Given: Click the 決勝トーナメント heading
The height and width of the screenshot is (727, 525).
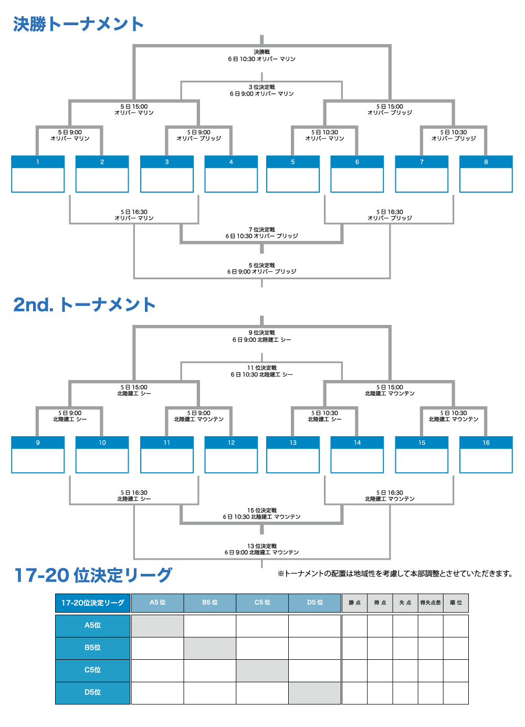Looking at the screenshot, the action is click(x=78, y=24).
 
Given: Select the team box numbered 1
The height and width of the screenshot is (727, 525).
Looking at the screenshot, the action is click(x=38, y=174).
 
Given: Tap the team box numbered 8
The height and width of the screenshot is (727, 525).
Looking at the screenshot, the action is click(x=486, y=174).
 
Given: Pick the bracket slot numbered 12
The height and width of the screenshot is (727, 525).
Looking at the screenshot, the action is click(x=231, y=455).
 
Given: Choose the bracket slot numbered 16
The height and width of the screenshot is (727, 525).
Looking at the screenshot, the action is click(x=486, y=455).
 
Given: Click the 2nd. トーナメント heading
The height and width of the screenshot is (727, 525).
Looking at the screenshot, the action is click(x=85, y=305).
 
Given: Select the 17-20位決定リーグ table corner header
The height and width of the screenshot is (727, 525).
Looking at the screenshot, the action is click(x=92, y=603).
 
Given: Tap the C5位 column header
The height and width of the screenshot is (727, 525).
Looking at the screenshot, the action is click(x=262, y=603).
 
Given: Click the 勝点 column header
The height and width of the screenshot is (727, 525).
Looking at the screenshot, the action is click(x=354, y=603).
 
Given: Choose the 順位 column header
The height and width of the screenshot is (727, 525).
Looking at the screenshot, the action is click(x=456, y=603).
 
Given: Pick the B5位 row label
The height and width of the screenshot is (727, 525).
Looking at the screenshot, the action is click(x=92, y=648).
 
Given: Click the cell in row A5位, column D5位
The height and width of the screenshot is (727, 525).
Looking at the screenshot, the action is click(x=314, y=626).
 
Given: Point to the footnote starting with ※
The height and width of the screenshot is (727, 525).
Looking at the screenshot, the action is click(x=395, y=574).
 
